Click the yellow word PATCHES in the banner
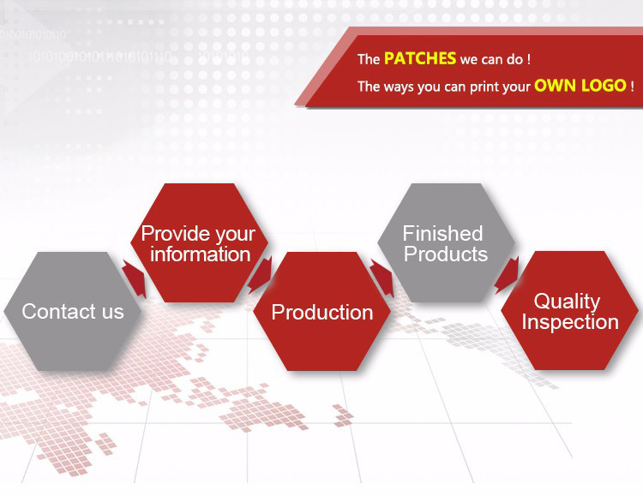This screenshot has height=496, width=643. coord(420,58)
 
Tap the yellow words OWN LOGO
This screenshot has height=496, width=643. coord(580,86)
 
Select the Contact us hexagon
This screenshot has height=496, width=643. coord(73,312)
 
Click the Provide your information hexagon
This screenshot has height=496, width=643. coord(199,242)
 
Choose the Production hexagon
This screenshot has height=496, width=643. coord(321,312)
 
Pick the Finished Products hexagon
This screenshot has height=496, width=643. coord(446,242)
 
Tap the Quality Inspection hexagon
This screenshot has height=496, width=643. coord(569,311)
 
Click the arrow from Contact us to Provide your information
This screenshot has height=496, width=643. coord(135,278)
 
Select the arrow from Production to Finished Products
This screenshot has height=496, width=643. coord(382,278)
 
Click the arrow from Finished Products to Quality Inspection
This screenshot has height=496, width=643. coord(507,275)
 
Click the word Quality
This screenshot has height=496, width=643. coord(568,302)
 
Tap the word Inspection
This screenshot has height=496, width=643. coord(570,322)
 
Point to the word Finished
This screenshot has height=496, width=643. coord(443,234)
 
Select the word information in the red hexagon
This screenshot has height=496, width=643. coord(200,254)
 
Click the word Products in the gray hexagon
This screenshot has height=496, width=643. coord(446,254)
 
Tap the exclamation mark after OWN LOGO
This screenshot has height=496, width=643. coord(633,86)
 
